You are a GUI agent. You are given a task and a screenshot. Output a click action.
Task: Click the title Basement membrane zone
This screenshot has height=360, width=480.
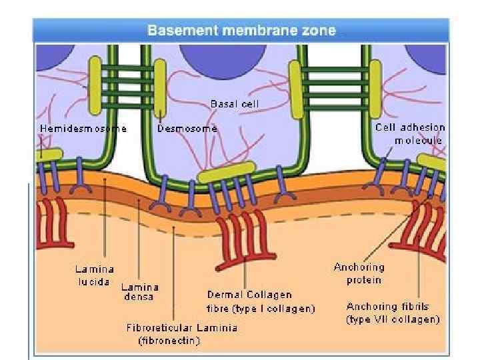coord(241,30)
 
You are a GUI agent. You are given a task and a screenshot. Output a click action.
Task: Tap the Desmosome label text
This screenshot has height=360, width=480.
coord(187,129)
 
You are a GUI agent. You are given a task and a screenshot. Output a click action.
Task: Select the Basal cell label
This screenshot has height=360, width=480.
coord(234,104)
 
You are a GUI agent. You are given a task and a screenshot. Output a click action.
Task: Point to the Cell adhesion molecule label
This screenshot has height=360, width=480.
coord(410,133)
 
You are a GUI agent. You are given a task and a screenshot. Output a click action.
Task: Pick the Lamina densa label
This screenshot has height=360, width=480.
coord(139,291)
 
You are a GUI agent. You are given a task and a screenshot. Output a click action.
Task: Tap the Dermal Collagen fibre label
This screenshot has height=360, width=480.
coord(249,295)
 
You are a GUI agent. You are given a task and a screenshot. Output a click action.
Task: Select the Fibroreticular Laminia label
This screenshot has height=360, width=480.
coord(182,328)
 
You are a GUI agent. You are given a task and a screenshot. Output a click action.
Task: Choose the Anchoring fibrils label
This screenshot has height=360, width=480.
coord(387,307)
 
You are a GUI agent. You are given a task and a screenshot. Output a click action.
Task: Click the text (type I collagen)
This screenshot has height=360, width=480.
coord(261,309)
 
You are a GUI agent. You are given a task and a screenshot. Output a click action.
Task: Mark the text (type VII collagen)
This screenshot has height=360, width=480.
coord(393,320)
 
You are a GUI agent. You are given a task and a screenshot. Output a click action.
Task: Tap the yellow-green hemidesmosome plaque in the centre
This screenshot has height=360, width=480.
coord(227,173)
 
